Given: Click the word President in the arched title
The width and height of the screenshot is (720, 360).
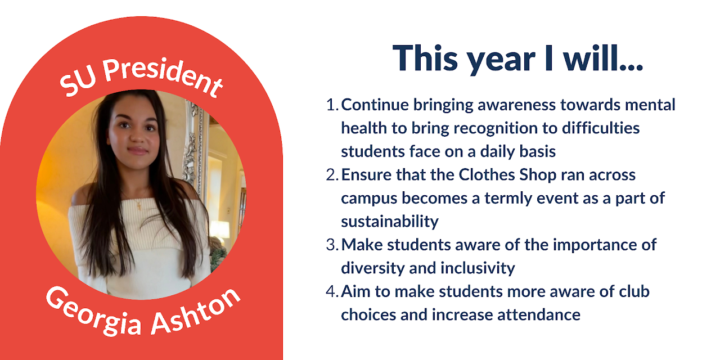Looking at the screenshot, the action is point(163,76).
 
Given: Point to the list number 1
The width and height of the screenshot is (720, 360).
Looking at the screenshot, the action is point(332,105).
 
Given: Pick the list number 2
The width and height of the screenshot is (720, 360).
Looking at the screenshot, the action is point(332,175).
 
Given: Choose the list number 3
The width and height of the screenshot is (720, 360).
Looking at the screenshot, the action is point(332,245).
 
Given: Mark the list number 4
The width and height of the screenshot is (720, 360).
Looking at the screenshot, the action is point(332,291).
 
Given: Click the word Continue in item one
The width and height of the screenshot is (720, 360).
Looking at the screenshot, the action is point(375,105).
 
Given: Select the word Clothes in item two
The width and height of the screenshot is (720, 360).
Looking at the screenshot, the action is point(487,175).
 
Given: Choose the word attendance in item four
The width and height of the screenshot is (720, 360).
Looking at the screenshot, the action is point(539,315).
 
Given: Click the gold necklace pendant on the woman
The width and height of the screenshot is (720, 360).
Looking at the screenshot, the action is point(139,206).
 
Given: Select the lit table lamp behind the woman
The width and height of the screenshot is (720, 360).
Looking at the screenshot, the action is point(220,229).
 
